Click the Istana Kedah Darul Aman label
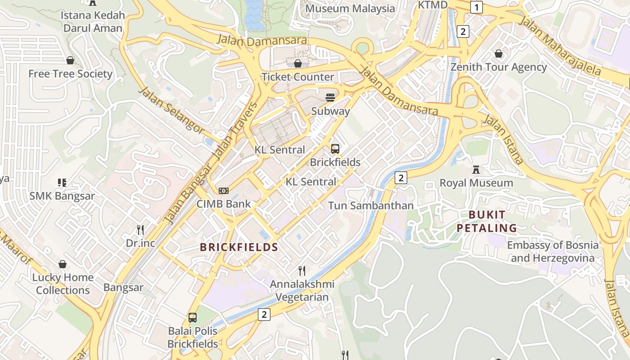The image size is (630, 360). (x=93, y=22)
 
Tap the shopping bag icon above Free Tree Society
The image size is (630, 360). (x=70, y=60)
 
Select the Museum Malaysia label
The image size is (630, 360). (x=350, y=9)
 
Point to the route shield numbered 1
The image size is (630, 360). (x=476, y=7)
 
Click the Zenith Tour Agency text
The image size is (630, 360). (x=499, y=67)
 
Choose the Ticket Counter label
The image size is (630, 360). (x=298, y=77)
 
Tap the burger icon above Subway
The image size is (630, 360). (x=330, y=98)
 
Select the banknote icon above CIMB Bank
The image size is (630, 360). (x=224, y=191)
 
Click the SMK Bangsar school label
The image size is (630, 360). (x=62, y=196)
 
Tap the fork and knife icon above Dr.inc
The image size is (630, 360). (x=140, y=230)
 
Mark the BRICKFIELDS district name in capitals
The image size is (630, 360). (x=239, y=247)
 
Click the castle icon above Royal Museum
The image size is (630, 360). (x=476, y=170)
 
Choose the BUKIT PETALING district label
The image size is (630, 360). (x=487, y=221)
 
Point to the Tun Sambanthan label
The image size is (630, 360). (x=370, y=206)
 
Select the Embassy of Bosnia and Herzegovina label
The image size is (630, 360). (x=553, y=252)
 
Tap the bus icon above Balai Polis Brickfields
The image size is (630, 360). (x=193, y=318)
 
